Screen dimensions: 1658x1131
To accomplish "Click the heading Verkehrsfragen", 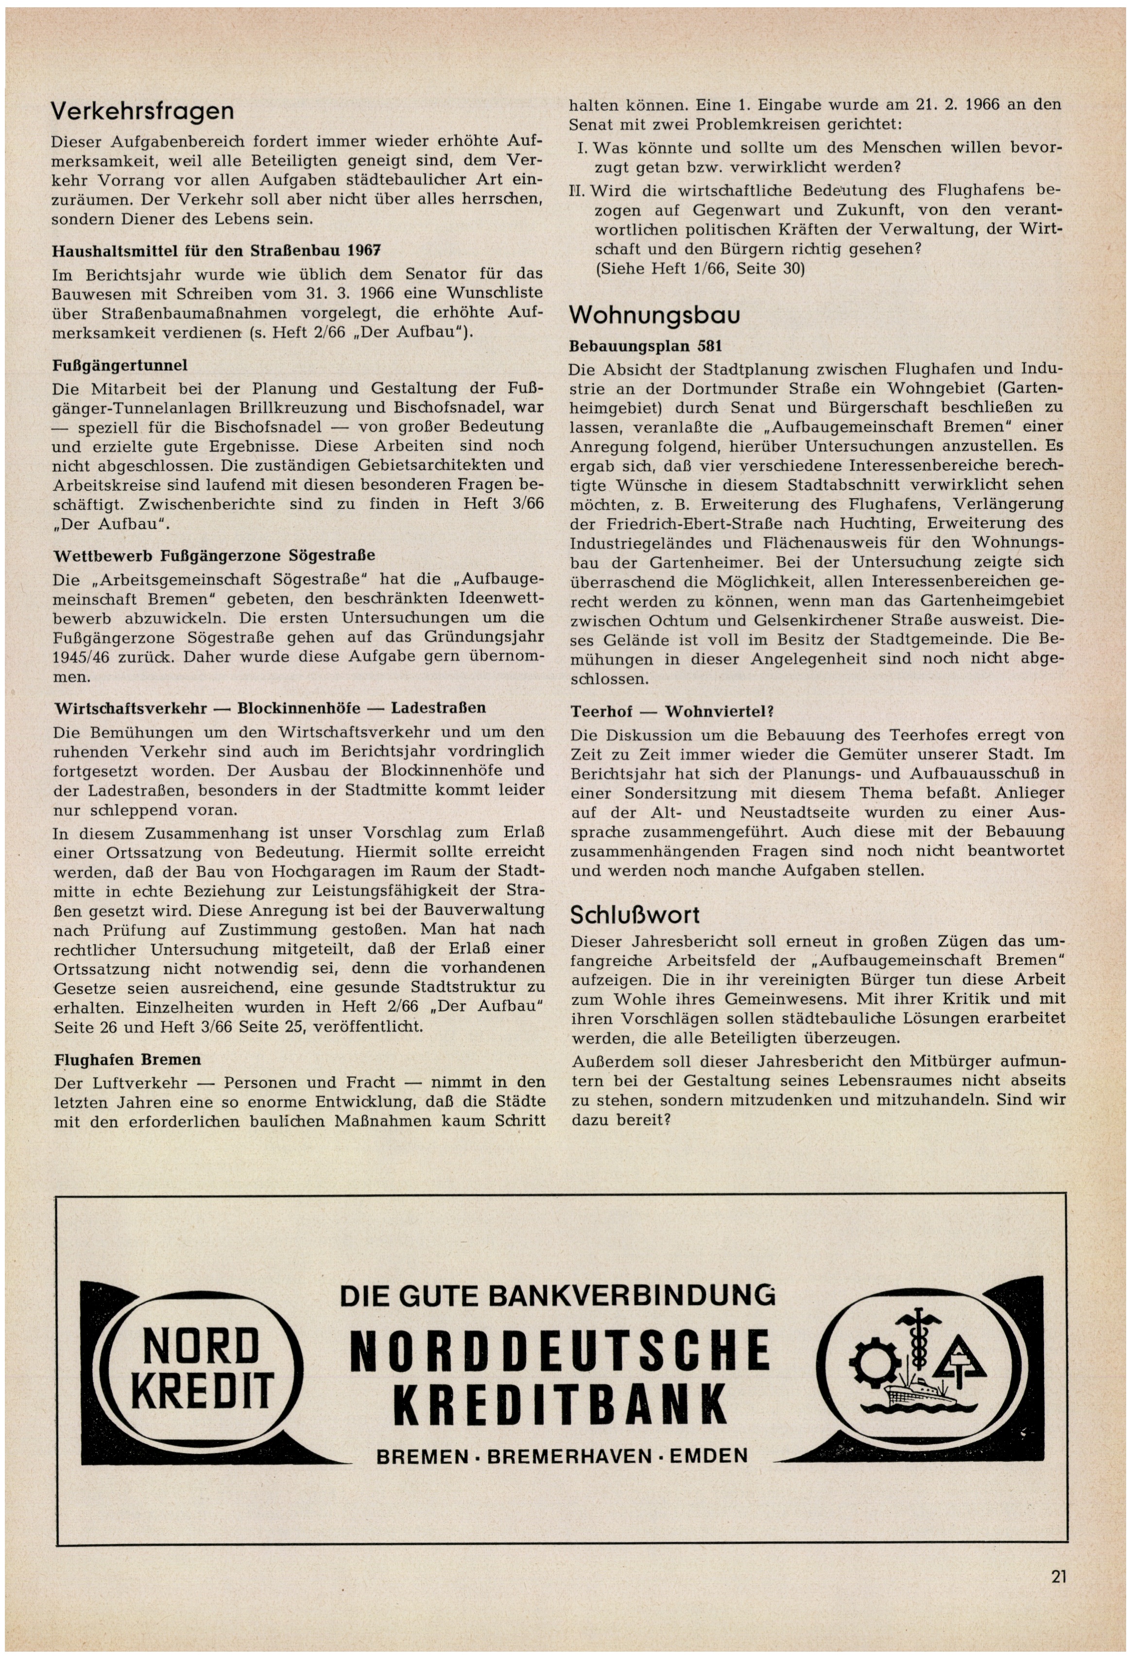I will point(143,111).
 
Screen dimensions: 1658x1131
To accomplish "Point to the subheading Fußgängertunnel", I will point(120,365).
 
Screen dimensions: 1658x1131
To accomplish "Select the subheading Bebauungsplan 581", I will point(646,347).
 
